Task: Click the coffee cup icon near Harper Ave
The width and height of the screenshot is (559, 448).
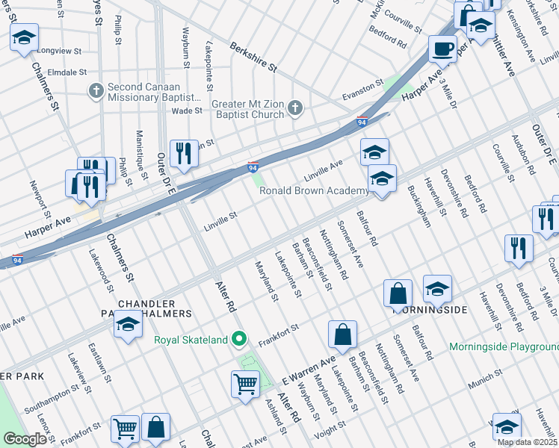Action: point(442,49)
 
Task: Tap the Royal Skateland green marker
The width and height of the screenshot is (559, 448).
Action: point(239,340)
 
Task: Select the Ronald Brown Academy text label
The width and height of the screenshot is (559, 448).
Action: point(313,190)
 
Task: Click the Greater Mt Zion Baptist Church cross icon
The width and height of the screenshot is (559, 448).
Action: point(295,109)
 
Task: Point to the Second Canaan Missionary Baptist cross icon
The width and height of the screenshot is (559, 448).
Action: point(95,92)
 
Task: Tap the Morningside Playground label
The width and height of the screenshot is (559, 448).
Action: point(503,347)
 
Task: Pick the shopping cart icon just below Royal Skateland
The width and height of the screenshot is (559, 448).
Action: point(245,385)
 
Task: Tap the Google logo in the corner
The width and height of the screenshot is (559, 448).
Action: point(25,439)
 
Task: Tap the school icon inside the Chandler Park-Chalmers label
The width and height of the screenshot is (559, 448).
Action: point(128,326)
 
